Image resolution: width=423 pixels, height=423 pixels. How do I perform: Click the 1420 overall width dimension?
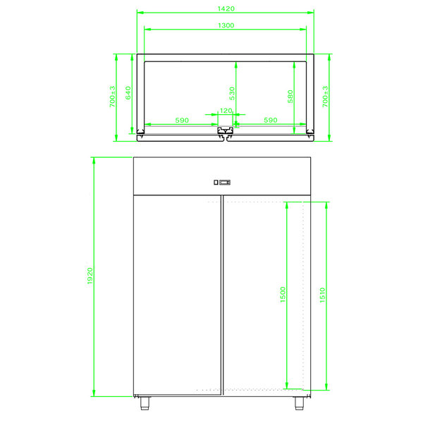[226, 8]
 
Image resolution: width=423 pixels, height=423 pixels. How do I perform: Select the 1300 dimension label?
[226, 25]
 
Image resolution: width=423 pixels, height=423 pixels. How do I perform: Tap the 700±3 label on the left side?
[113, 97]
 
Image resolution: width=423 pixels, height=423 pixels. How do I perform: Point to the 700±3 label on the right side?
[325, 97]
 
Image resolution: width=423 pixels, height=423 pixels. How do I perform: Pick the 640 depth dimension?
[128, 92]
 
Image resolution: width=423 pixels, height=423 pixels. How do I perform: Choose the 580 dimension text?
[290, 96]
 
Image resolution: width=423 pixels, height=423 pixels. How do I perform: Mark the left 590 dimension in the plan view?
[182, 121]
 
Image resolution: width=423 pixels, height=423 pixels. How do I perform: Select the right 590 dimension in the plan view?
[270, 121]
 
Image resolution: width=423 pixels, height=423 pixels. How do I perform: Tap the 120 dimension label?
[226, 111]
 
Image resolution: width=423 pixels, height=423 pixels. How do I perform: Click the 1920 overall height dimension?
[90, 276]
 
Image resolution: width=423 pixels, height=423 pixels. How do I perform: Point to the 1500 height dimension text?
[282, 295]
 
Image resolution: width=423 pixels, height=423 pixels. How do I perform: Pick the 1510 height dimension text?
[322, 295]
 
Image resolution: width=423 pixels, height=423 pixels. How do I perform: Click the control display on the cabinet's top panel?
[222, 183]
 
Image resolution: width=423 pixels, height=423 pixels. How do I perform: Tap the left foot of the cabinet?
[145, 403]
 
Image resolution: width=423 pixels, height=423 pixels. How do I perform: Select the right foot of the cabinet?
[300, 403]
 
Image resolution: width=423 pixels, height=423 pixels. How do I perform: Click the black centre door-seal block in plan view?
[226, 132]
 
